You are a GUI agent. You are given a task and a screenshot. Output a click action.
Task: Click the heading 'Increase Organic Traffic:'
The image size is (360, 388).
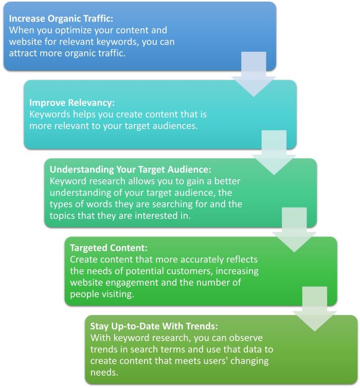[x=61, y=19]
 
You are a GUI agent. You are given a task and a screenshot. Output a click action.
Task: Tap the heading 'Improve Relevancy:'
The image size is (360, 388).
[x=72, y=103]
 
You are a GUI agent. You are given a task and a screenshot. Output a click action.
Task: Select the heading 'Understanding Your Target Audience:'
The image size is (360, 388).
[x=131, y=170]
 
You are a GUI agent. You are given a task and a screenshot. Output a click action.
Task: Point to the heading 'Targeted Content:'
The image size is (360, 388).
[x=109, y=248]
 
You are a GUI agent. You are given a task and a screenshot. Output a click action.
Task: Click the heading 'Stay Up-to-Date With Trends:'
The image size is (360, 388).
[x=154, y=326]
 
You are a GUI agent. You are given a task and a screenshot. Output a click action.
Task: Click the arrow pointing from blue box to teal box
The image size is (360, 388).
[x=254, y=74]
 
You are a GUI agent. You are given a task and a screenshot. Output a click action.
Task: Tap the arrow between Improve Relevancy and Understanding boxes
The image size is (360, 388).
[x=274, y=153]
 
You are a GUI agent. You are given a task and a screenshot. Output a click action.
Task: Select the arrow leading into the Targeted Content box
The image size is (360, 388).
[x=294, y=230]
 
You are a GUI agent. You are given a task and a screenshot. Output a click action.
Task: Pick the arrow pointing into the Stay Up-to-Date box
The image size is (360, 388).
[x=314, y=309]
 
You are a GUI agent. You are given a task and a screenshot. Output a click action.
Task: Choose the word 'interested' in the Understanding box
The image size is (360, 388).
[x=156, y=216]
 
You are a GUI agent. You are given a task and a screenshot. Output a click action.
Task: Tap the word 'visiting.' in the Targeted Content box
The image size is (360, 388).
[x=116, y=294]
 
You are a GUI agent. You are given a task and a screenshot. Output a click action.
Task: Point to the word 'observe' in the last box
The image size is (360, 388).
[x=246, y=338]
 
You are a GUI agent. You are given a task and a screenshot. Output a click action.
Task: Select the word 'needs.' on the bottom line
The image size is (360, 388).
[x=104, y=373]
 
